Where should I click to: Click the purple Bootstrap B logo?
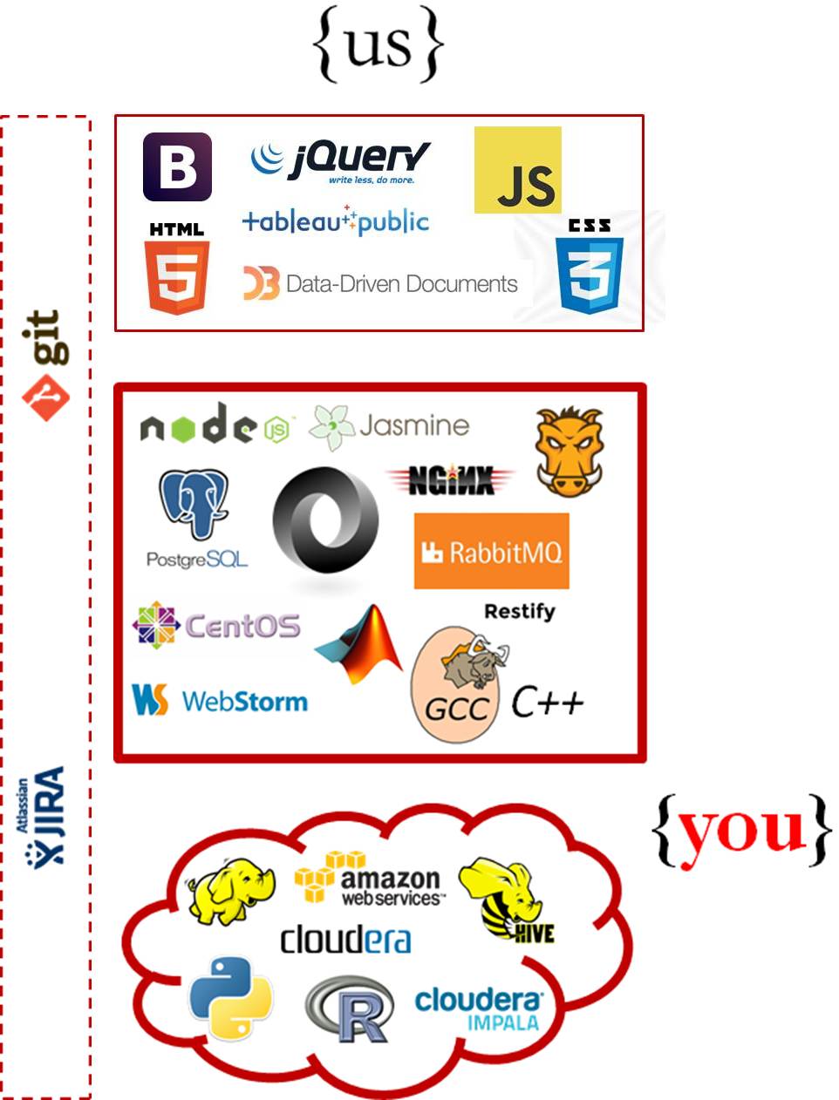tap(177, 166)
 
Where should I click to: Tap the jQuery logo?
tap(340, 160)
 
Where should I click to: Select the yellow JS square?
tap(517, 170)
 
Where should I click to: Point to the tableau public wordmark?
tap(336, 221)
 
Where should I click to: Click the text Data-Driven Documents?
tap(401, 284)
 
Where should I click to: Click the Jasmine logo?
tap(390, 426)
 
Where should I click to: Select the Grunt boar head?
tap(569, 452)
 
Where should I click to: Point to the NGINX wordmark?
tap(450, 480)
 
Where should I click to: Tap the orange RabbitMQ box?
tap(491, 551)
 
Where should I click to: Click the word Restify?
tap(519, 611)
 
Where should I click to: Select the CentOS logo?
tap(216, 625)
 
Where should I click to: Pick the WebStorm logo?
tap(220, 700)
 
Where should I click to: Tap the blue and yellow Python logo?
tap(231, 998)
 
